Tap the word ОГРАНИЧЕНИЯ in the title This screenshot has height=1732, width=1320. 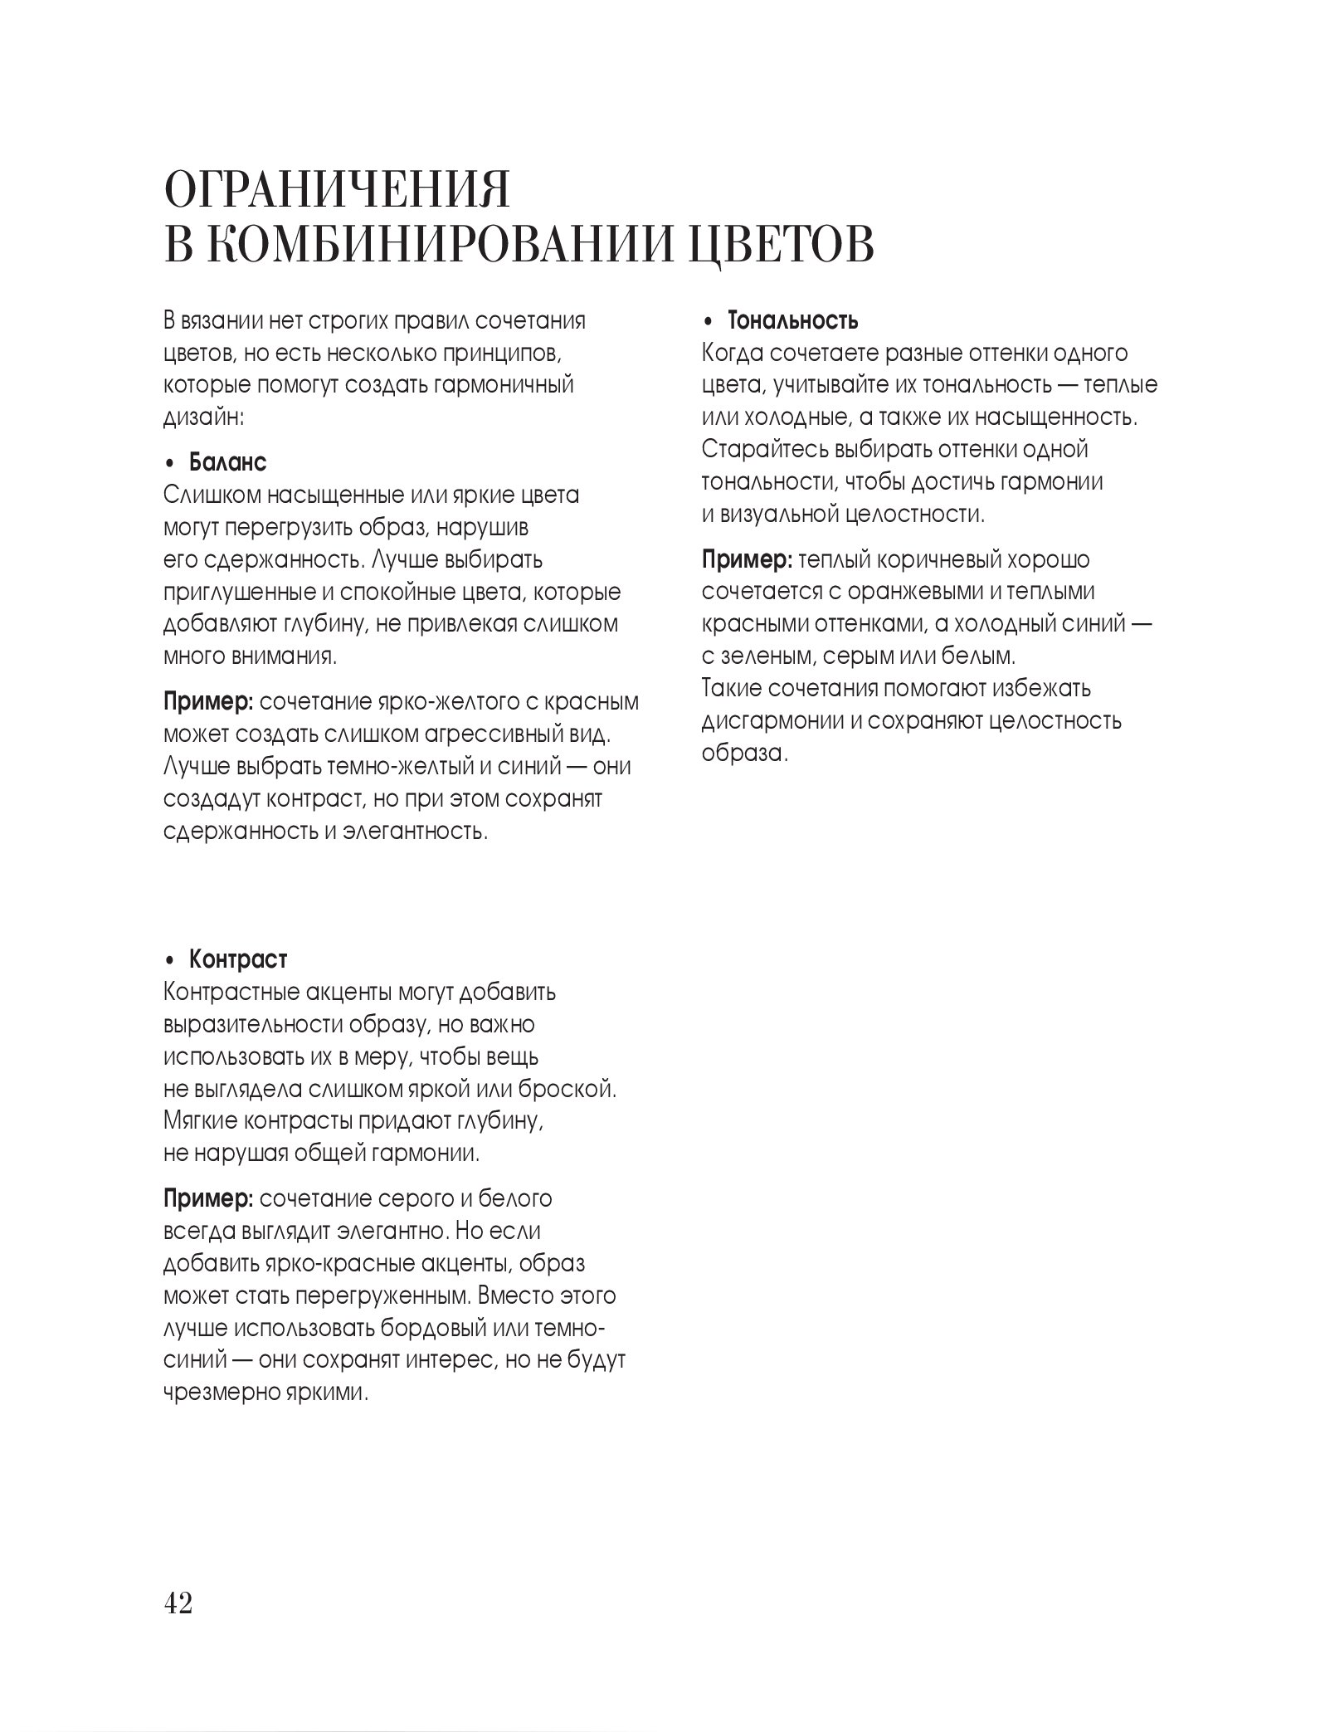[x=337, y=192]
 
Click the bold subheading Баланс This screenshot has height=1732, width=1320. [x=228, y=461]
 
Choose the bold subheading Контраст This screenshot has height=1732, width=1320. [x=238, y=959]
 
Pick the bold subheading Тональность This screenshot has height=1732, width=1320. [x=792, y=320]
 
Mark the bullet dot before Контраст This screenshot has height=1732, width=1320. [x=170, y=961]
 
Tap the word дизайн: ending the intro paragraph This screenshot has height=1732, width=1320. [x=204, y=417]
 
